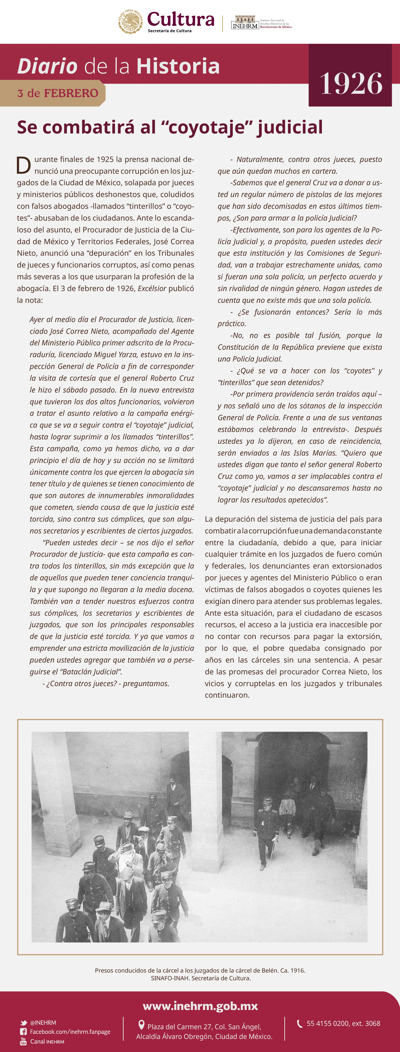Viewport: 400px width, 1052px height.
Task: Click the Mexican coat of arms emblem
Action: (131, 21)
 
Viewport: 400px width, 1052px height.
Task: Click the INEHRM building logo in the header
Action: (245, 23)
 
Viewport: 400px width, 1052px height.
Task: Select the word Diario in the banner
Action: (47, 66)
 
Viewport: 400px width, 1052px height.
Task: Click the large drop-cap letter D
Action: (24, 165)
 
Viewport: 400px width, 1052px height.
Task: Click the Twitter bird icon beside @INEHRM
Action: (24, 1023)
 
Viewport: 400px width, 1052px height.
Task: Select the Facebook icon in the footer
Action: (24, 1032)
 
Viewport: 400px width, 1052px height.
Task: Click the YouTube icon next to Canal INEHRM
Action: (23, 1041)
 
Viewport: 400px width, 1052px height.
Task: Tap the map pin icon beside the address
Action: (141, 1025)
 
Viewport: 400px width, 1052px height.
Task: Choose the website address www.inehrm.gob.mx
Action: (200, 1006)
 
